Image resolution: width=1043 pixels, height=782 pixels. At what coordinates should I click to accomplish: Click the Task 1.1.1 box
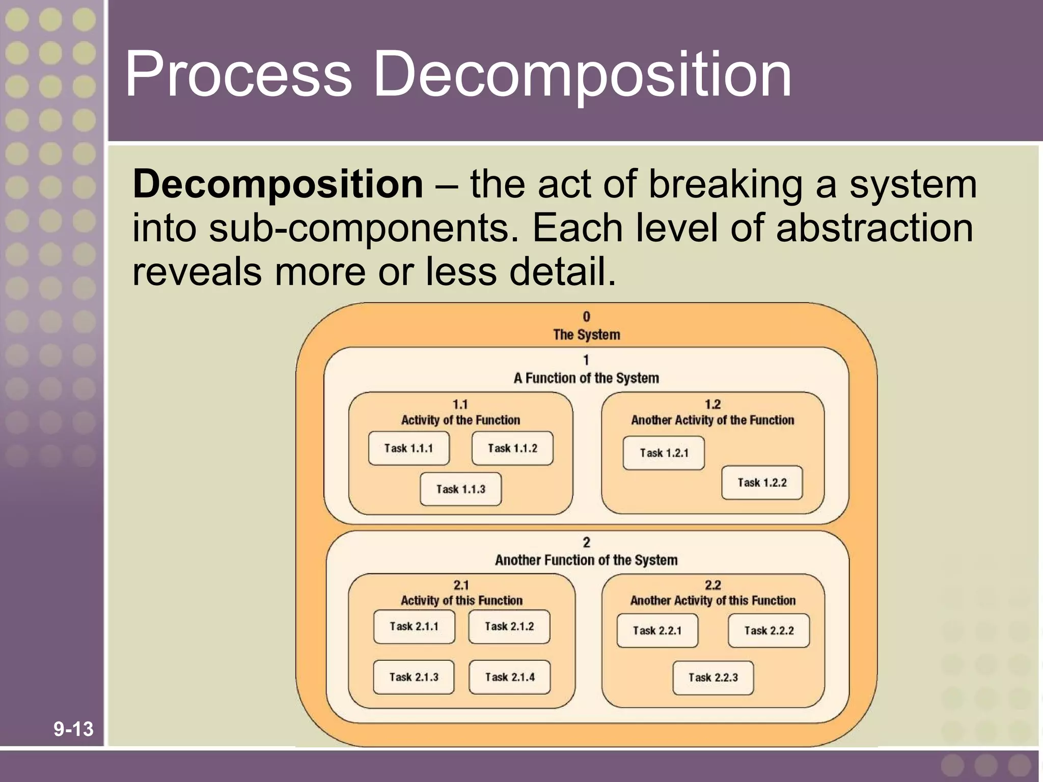pos(409,448)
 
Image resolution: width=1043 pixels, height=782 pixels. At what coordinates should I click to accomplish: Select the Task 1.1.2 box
pos(512,448)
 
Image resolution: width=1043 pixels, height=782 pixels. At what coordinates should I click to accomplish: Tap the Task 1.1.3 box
pos(460,489)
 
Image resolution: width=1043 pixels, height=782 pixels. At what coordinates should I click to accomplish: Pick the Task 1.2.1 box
pos(664,453)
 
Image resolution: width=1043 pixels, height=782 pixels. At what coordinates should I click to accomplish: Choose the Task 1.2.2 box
pos(762,483)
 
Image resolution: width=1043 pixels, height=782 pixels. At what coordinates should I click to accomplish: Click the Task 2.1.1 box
pos(414,627)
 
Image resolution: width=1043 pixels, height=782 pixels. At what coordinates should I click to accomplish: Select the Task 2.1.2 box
pos(509,627)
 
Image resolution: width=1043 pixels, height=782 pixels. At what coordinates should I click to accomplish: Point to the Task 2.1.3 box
pos(414,677)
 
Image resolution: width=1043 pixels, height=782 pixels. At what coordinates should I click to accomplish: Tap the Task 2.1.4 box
pos(510,677)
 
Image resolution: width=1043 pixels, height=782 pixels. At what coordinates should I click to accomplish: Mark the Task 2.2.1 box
pos(657,631)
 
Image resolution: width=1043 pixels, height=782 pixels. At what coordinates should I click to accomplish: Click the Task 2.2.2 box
pos(768,631)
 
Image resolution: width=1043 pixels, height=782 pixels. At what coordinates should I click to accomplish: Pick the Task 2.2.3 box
pos(713,678)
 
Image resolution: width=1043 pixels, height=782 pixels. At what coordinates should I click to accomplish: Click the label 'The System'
pos(587,335)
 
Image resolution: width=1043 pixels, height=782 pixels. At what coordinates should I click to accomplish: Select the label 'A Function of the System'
pos(586,378)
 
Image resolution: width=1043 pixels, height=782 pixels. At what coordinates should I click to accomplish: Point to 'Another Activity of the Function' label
pos(712,420)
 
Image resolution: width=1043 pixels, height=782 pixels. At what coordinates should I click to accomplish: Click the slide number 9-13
pos(73,729)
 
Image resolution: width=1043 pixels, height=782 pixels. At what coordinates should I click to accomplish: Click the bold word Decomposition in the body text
pos(278,184)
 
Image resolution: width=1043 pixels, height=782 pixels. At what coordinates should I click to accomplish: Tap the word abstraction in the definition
pos(874,228)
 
